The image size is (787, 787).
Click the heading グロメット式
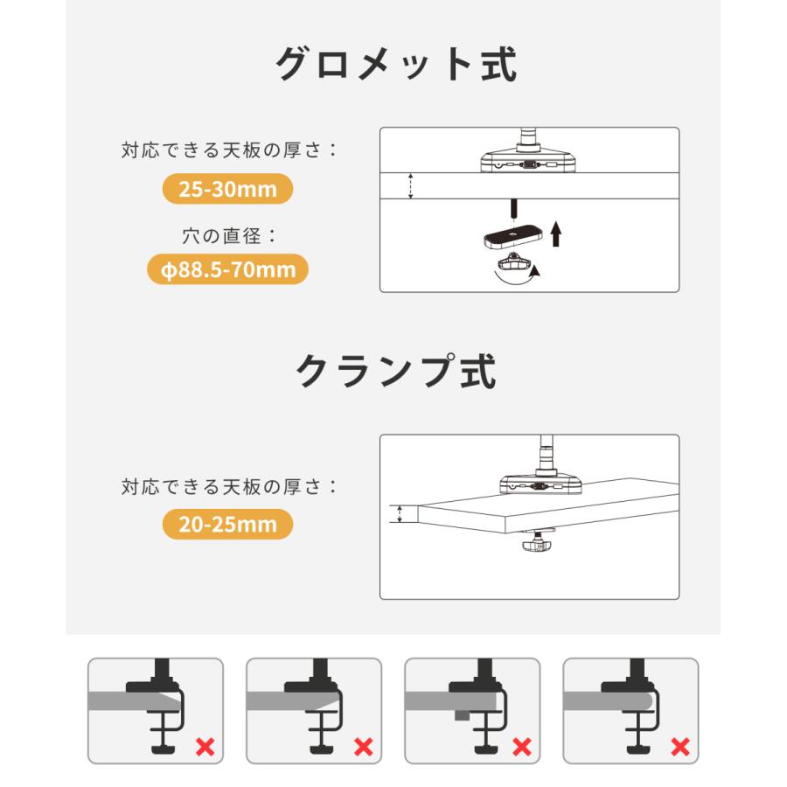[x=396, y=65]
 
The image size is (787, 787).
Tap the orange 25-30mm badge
[x=227, y=189]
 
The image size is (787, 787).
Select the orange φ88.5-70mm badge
[x=227, y=269]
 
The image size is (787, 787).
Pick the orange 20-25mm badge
[x=227, y=525]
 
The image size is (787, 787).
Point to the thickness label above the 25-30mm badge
[x=228, y=150]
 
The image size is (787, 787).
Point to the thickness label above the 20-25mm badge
[x=228, y=486]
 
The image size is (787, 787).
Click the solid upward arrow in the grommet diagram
[x=557, y=233]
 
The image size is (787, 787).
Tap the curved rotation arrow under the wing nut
[x=516, y=275]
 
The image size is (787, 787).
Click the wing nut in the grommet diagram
[x=515, y=262]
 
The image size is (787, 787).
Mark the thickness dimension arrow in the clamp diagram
[x=399, y=514]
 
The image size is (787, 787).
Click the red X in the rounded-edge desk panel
[x=679, y=746]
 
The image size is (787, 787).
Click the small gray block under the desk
[x=460, y=714]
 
